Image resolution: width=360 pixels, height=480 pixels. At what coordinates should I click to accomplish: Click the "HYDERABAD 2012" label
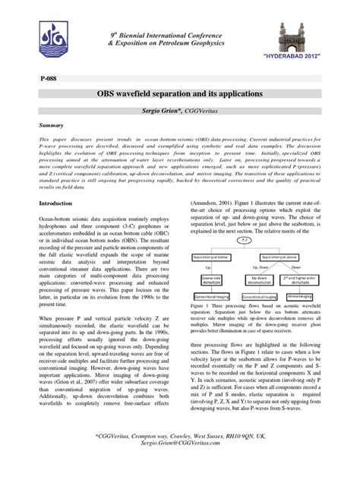[x=301, y=57]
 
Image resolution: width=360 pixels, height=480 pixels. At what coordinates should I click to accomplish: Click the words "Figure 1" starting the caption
[x=200, y=324]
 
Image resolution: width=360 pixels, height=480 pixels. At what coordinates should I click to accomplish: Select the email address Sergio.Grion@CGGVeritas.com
[x=179, y=465]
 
